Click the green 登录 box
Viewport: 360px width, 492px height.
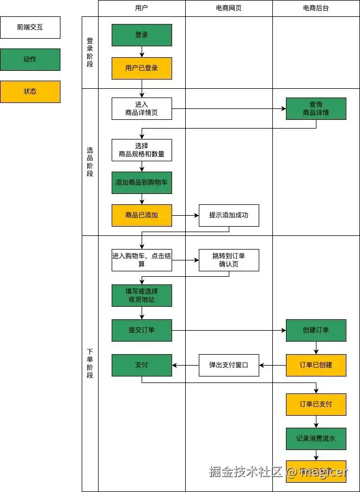[x=142, y=35]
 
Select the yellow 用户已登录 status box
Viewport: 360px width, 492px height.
[x=142, y=68]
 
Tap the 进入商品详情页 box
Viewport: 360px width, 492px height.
[x=142, y=109]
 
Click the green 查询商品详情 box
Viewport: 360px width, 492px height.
[x=316, y=109]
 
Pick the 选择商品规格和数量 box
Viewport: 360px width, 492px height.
[x=142, y=150]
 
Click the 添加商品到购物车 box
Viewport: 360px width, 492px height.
[x=142, y=183]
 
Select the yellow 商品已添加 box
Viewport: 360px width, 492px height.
[x=142, y=215]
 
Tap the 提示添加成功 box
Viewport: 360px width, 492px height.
[x=229, y=215]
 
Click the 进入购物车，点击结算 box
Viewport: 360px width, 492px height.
[x=142, y=260]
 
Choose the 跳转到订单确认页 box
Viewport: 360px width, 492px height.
[x=229, y=260]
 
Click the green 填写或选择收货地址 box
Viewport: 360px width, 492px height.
[x=142, y=295]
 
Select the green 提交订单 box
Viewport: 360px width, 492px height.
[x=142, y=330]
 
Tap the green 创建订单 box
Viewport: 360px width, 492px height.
[x=316, y=330]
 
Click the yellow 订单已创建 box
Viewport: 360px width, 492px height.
[x=316, y=365]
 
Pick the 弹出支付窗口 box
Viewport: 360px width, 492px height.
[x=229, y=365]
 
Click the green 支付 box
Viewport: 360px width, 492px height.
[x=142, y=365]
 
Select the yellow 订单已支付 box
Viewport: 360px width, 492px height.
[x=316, y=404]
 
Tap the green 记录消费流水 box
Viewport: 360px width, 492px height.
[x=316, y=439]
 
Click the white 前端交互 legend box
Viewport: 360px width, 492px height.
[x=30, y=27]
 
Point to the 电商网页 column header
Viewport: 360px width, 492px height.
[x=229, y=8]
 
